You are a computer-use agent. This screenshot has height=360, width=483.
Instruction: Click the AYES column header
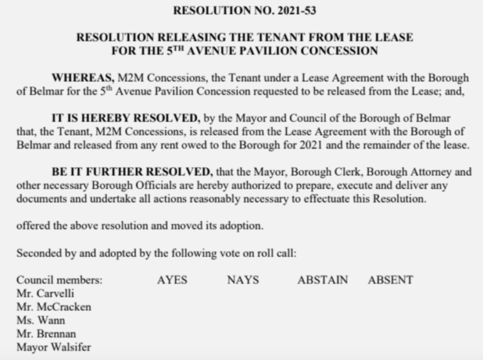click(x=172, y=280)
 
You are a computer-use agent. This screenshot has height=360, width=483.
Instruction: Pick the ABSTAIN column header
click(x=322, y=280)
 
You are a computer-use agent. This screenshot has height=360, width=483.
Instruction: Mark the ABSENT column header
click(x=390, y=280)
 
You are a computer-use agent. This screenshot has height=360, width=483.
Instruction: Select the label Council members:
click(x=60, y=280)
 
